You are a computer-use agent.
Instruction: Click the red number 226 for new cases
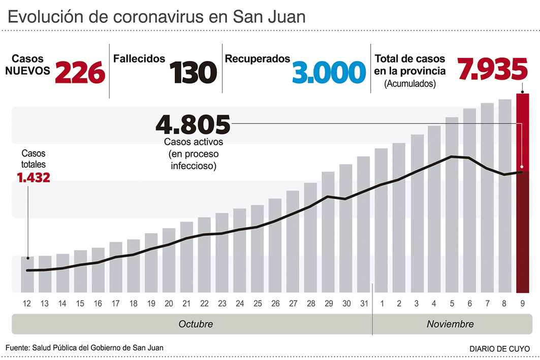click(80, 72)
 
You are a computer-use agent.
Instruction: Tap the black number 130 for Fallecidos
click(193, 72)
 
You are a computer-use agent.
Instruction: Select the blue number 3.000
click(329, 72)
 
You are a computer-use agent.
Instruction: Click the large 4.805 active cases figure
click(193, 124)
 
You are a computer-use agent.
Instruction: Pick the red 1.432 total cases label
click(33, 178)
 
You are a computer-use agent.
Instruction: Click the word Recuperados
click(258, 59)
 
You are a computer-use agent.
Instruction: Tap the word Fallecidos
click(139, 59)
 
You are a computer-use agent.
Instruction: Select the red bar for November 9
click(523, 193)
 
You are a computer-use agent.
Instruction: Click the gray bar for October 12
click(27, 275)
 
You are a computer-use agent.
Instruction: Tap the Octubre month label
click(196, 324)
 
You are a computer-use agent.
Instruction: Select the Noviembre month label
click(450, 324)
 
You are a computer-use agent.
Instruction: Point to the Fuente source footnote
click(85, 348)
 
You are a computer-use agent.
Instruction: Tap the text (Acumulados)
click(410, 84)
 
